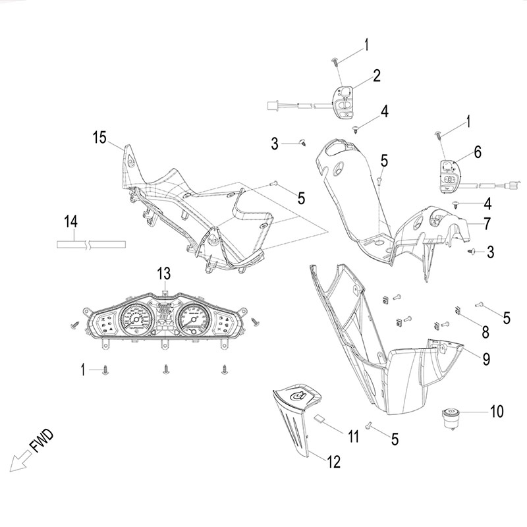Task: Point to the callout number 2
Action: [377, 75]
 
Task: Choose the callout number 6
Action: [478, 152]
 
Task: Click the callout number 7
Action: [486, 223]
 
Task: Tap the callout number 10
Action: [496, 412]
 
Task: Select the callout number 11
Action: [353, 435]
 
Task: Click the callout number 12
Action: [333, 462]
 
